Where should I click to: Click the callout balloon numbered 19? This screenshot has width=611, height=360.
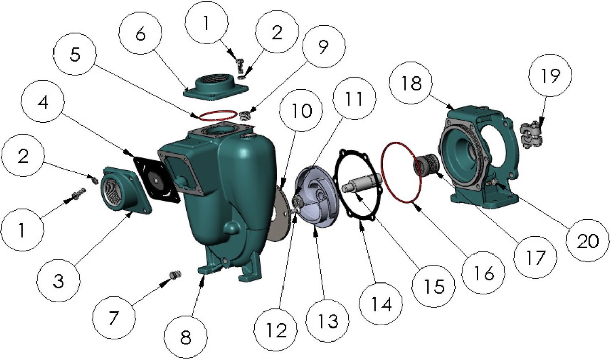tap(550, 75)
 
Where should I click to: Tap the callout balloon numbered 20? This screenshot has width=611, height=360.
tap(587, 240)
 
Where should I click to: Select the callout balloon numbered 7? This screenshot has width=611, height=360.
tap(113, 317)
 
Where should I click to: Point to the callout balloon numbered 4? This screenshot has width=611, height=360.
tap(43, 102)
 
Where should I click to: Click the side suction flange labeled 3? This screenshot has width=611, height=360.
tap(125, 190)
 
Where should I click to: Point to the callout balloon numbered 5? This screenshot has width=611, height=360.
tap(75, 54)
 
